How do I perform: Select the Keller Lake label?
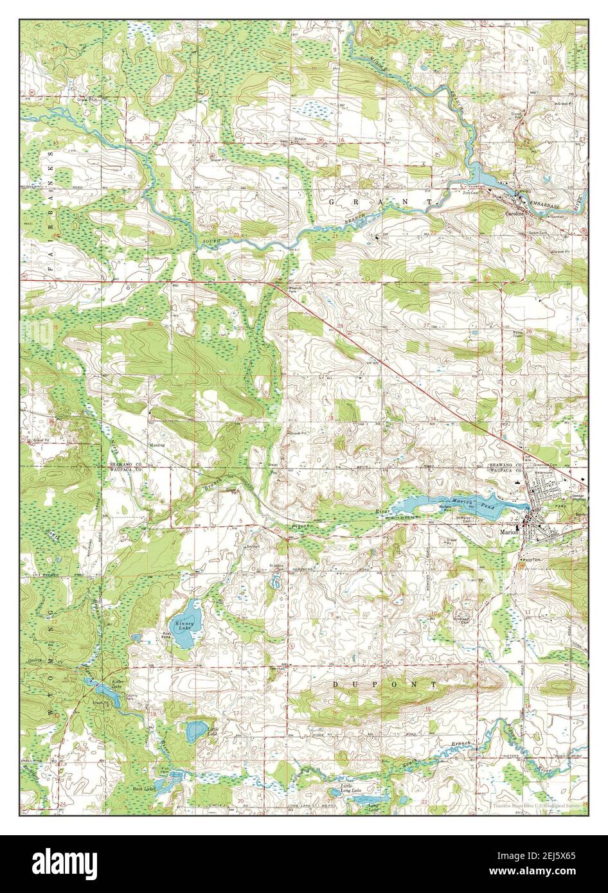(116, 683)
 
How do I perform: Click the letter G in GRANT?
(332, 202)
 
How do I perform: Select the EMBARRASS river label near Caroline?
(548, 204)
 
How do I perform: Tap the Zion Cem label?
(472, 192)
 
